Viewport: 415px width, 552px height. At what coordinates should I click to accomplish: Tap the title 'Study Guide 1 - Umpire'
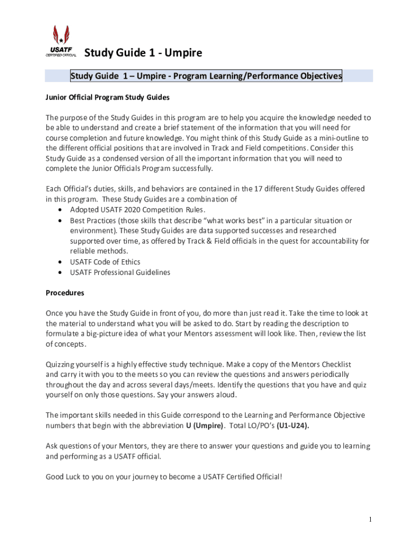click(143, 53)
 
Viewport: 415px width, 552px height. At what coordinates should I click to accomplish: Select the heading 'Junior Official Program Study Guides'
click(108, 98)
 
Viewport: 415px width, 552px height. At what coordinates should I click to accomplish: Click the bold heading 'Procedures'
click(65, 293)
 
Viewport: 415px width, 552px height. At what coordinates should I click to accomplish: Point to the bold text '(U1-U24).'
click(293, 426)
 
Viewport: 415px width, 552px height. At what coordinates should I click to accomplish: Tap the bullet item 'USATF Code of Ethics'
click(105, 262)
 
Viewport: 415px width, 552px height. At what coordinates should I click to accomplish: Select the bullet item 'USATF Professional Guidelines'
click(120, 272)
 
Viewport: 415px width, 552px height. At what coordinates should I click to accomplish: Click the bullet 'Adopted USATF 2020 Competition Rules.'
click(137, 210)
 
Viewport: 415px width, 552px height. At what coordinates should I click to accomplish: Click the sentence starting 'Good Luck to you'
click(163, 477)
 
